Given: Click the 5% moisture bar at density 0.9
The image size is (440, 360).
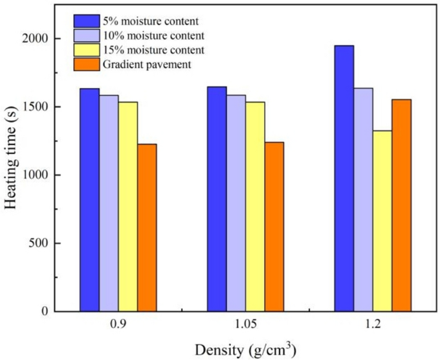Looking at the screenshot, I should [x=89, y=200].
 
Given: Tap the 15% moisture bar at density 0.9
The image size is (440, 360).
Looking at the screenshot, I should [x=128, y=206].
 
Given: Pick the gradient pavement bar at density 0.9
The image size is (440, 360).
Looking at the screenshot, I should [x=147, y=227].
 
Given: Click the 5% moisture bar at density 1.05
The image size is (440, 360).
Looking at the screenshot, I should [x=216, y=199].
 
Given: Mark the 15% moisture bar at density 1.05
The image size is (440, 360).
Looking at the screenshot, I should [x=255, y=206].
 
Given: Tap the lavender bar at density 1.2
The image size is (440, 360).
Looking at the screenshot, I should [x=363, y=200].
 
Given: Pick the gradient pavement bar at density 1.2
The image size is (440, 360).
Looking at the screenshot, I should [x=401, y=205].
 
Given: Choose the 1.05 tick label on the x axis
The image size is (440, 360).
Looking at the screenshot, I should [x=245, y=326].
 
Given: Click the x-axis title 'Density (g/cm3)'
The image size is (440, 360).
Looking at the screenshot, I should [x=245, y=350].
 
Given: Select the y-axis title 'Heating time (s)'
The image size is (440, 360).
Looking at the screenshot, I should [x=11, y=158].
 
